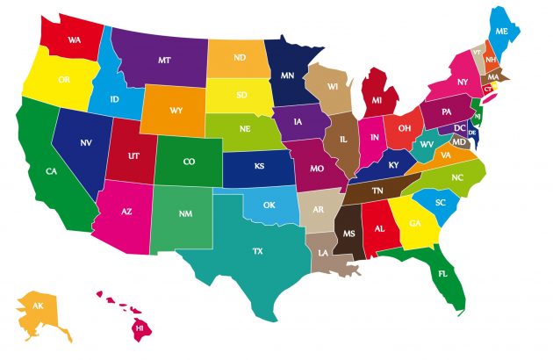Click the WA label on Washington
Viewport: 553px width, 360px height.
tap(75, 40)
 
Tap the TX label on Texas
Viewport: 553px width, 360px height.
tap(257, 251)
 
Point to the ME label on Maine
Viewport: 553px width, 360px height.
tap(502, 31)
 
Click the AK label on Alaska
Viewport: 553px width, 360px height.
tap(38, 306)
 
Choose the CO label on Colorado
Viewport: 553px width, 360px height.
tap(189, 162)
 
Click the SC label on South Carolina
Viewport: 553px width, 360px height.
tap(441, 203)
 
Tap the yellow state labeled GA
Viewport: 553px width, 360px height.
tap(413, 224)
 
